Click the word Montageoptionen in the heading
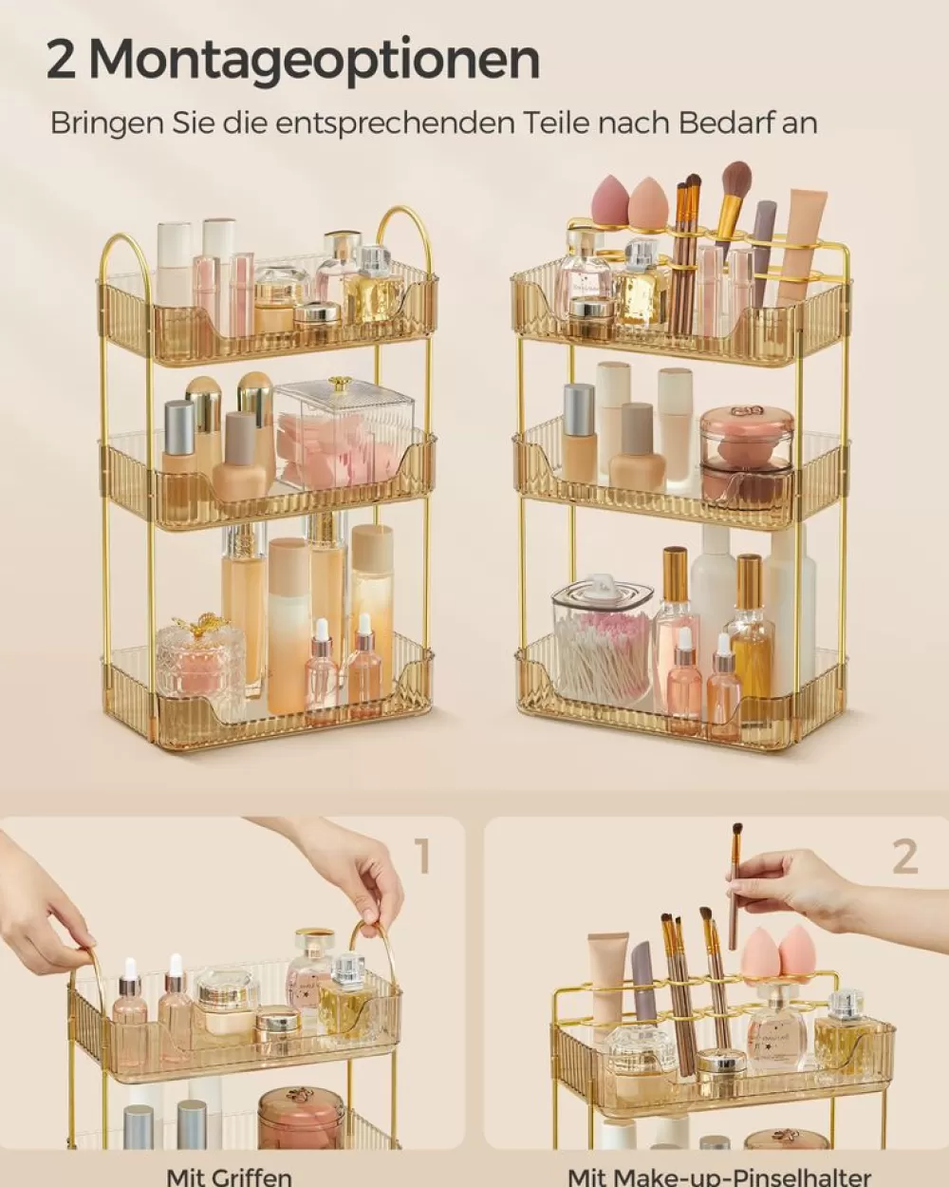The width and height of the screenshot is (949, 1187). point(315,60)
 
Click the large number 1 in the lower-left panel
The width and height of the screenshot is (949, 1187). point(423,857)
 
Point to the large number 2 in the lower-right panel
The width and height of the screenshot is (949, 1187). point(904,857)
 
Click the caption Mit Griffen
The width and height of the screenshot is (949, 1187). point(229,1177)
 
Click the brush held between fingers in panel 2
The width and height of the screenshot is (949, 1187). point(735,883)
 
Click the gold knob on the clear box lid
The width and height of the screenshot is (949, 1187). point(339,384)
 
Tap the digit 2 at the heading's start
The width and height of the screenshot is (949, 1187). point(62,60)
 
